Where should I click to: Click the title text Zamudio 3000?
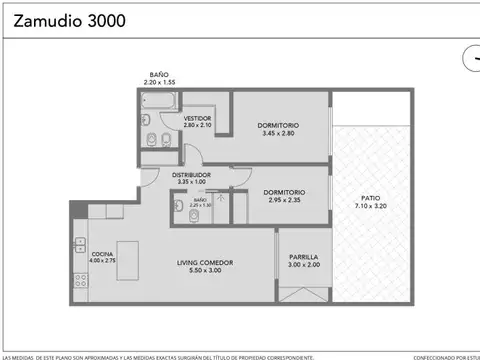coord(64,19)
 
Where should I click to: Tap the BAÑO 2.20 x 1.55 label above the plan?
coord(158,77)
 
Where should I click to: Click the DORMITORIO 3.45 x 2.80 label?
coord(281,129)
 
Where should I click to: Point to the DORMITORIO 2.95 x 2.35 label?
coord(285,195)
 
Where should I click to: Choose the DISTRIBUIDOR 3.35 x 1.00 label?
coord(190,178)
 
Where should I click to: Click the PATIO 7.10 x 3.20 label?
coord(371,201)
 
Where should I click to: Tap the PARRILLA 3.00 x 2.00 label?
coord(304,260)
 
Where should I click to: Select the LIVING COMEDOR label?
coord(205,266)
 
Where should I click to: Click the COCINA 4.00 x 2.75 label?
coord(103,257)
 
